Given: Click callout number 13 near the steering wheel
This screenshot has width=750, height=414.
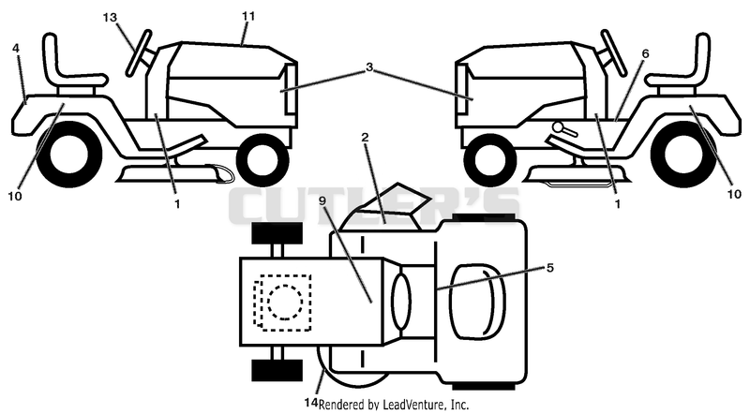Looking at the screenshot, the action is (x=110, y=17).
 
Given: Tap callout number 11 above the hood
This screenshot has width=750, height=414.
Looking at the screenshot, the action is (x=248, y=16).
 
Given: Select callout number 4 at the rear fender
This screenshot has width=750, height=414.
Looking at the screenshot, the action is (x=16, y=49).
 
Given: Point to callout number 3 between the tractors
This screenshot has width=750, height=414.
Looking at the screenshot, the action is (x=368, y=67).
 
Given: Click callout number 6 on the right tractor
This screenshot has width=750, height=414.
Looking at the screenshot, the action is (x=645, y=53).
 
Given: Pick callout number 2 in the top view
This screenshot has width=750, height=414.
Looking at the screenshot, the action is (x=365, y=138).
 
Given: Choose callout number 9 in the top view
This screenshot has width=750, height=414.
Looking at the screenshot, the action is (x=322, y=200).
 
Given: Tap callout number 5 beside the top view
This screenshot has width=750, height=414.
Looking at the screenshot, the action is (x=550, y=268).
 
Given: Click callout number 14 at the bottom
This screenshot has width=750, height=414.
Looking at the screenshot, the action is (x=311, y=403).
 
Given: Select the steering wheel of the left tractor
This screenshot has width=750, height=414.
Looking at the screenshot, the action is (x=140, y=52).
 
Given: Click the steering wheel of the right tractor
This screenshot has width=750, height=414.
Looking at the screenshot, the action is (x=614, y=52).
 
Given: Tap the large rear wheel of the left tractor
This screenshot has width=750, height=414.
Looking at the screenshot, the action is (x=69, y=155).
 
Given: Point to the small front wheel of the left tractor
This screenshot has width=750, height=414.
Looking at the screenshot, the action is (x=262, y=159).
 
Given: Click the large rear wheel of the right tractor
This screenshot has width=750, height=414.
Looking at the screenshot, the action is (x=683, y=155).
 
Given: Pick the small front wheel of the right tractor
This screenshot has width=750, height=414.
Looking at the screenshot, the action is (x=490, y=159).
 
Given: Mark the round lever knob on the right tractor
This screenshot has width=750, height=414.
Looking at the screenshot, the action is (x=558, y=127).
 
